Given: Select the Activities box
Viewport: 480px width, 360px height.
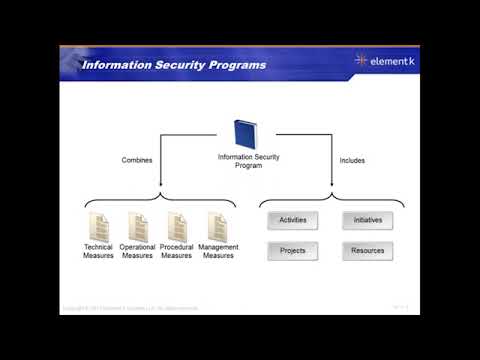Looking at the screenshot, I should tap(293, 220).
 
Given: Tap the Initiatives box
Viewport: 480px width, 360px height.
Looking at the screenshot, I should tap(367, 220).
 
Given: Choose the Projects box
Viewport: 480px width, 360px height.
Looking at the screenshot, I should tap(293, 250).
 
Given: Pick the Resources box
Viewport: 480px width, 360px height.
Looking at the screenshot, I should tap(367, 250).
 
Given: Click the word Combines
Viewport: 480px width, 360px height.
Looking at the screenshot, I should tap(137, 159).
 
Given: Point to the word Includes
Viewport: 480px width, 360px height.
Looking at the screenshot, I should tap(352, 159).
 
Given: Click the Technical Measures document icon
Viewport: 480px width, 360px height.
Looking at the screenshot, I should tap(98, 225).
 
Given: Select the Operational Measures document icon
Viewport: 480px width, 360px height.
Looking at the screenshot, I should tap(137, 225).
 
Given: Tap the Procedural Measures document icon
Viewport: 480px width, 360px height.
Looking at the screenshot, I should tap(177, 225).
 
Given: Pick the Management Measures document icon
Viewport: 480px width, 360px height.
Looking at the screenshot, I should tap(217, 225).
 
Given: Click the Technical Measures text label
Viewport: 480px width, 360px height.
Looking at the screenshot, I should tap(98, 251).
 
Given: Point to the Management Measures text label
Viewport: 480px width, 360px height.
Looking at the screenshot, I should tap(218, 251).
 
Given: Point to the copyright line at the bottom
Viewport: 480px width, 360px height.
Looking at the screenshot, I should tap(135, 307).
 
